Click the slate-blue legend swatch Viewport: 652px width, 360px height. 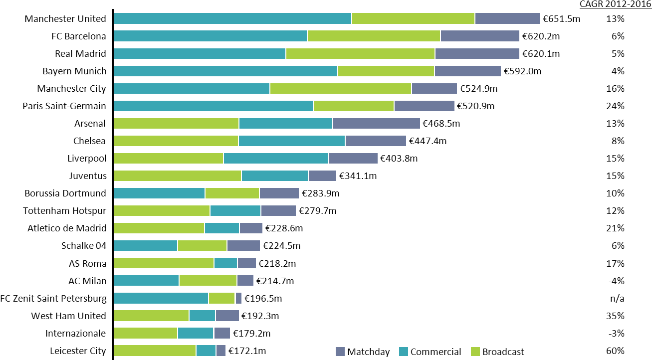click(x=340, y=352)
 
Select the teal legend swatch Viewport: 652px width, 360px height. click(x=404, y=352)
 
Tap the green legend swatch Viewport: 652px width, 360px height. click(x=475, y=352)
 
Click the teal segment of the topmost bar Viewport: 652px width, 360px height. click(x=232, y=18)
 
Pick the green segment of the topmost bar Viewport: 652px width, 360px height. click(x=413, y=18)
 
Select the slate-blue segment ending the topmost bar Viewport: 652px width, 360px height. click(x=507, y=18)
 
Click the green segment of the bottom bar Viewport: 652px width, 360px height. click(x=155, y=351)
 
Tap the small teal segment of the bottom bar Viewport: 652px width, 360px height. click(x=206, y=351)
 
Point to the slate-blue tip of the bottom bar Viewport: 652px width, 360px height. click(x=221, y=351)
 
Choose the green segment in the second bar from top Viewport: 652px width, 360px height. click(x=374, y=36)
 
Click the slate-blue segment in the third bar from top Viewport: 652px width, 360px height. click(x=477, y=53)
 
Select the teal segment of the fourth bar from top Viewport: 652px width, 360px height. click(x=225, y=71)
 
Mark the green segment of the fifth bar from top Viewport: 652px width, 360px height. click(x=341, y=88)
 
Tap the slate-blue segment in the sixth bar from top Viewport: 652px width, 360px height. click(x=425, y=106)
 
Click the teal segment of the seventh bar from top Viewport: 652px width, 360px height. click(x=286, y=123)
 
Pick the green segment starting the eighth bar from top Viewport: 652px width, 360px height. click(x=176, y=141)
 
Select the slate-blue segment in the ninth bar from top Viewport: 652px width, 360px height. click(x=353, y=158)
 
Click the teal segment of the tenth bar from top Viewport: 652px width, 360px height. click(x=275, y=176)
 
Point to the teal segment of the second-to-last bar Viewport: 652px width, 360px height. click(x=196, y=333)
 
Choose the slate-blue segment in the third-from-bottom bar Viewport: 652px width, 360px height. click(x=227, y=316)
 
